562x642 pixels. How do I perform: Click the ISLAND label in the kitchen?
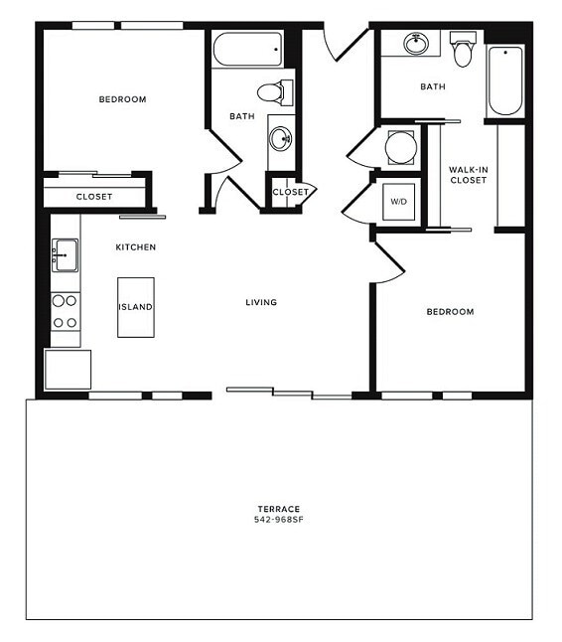(136, 307)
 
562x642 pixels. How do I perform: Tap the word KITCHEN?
(136, 246)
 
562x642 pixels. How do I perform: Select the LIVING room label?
(262, 302)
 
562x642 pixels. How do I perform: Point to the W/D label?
(399, 202)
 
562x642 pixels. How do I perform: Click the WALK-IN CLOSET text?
(468, 175)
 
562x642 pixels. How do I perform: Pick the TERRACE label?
(277, 509)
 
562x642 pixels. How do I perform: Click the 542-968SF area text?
(277, 520)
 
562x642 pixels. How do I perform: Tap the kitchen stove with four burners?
(66, 310)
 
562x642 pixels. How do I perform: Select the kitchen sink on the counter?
(66, 255)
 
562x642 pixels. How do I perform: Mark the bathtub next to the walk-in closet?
(504, 80)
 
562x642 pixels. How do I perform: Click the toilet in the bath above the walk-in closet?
(463, 52)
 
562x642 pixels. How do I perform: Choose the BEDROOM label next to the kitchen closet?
(122, 99)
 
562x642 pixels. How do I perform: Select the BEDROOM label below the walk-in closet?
(450, 312)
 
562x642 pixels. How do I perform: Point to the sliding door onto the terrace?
(289, 394)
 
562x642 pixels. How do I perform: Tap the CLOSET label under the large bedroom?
(94, 197)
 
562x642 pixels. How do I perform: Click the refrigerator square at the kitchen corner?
(68, 369)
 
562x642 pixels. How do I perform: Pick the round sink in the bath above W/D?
(416, 45)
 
